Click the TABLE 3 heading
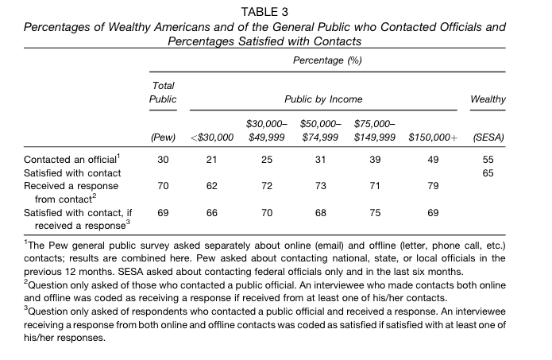tap(264, 13)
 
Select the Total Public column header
tap(163, 92)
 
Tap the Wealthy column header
tap(488, 99)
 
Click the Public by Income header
tap(323, 99)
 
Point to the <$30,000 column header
tap(212, 137)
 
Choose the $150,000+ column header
tap(433, 137)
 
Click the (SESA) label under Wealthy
tap(488, 137)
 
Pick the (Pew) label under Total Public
tap(163, 137)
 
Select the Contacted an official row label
tap(72, 159)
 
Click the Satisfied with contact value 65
tap(488, 173)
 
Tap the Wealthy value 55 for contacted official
tap(488, 160)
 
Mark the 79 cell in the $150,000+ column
tap(433, 186)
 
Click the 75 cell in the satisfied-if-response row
tap(375, 213)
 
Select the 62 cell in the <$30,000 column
tap(211, 186)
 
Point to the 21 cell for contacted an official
tap(211, 160)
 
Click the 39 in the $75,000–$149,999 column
tap(375, 160)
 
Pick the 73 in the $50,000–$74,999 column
tap(320, 186)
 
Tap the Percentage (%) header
tap(327, 60)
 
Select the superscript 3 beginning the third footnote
tap(25, 308)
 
